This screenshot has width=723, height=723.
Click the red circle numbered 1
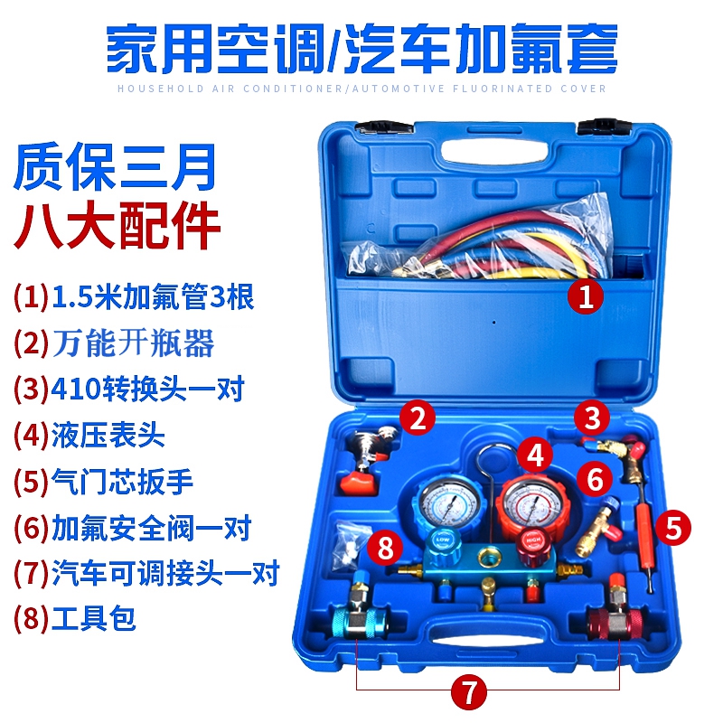click(x=587, y=296)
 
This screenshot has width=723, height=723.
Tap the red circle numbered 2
click(x=418, y=418)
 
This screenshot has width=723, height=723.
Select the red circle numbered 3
click(x=593, y=418)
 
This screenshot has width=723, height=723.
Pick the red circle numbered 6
click(x=595, y=478)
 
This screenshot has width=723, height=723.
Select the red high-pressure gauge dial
click(x=533, y=502)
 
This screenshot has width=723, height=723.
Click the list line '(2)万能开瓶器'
click(x=114, y=343)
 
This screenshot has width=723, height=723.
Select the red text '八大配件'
click(x=117, y=228)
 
